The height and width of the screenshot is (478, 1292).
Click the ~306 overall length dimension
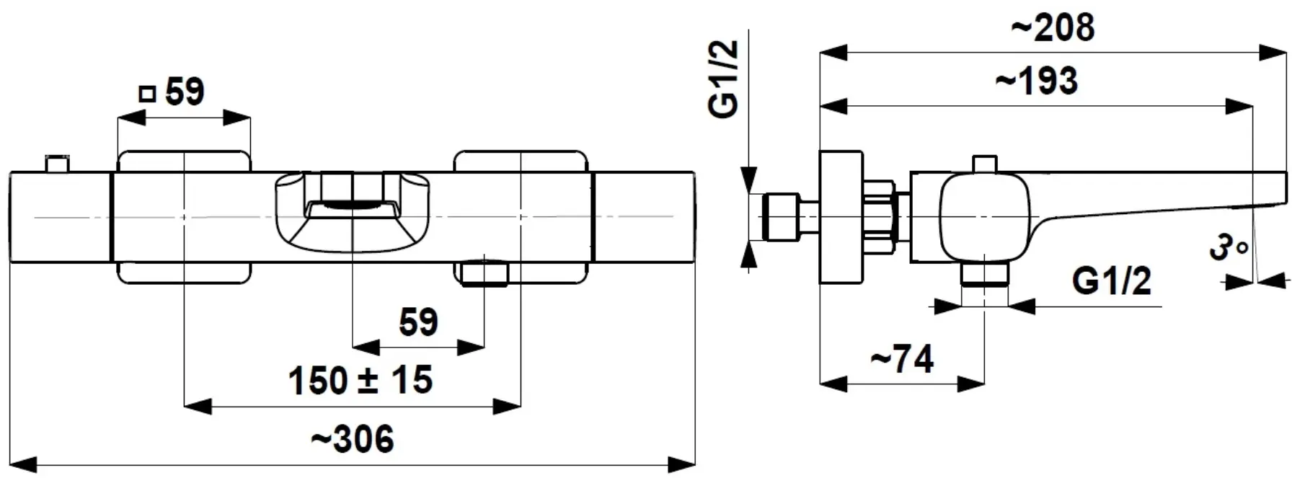click(353, 439)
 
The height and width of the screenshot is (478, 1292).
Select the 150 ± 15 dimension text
click(360, 380)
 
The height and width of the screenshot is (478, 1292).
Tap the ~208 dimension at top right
click(1053, 27)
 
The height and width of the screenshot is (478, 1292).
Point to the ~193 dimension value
click(1036, 81)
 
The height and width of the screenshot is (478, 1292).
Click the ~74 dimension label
click(902, 358)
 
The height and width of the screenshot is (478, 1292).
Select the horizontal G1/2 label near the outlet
click(1111, 281)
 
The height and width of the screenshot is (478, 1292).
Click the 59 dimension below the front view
click(418, 322)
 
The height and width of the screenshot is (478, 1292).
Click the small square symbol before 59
click(147, 94)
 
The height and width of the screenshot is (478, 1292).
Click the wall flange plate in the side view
click(841, 217)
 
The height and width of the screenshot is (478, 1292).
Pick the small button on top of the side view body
click(985, 164)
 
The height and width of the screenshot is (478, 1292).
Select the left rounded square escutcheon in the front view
click(184, 217)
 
